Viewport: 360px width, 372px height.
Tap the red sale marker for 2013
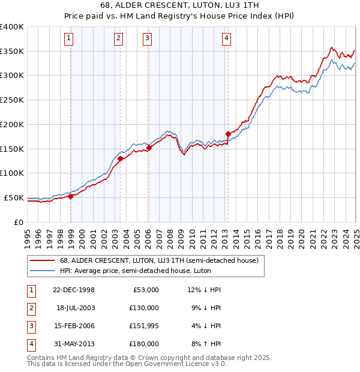click(228, 134)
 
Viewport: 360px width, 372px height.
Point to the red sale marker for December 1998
click(71, 196)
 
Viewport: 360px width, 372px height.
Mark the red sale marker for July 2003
click(120, 158)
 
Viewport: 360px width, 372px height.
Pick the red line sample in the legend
click(42, 260)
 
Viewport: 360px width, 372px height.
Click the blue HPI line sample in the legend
click(42, 271)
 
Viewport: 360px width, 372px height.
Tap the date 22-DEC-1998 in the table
click(74, 290)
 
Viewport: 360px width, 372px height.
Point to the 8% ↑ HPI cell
click(206, 344)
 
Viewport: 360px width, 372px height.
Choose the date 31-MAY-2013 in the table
click(74, 344)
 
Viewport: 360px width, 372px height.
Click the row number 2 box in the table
click(29, 308)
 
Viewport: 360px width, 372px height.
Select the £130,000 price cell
click(144, 308)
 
